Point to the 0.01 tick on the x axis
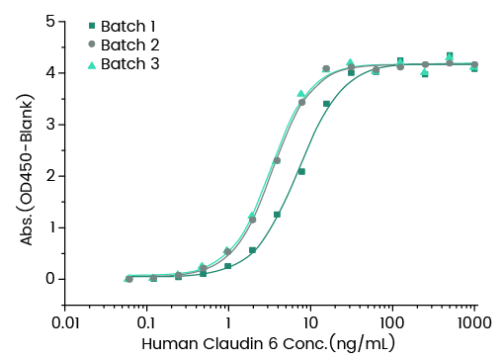(x=65, y=323)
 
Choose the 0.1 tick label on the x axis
(x=146, y=323)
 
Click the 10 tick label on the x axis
(x=310, y=323)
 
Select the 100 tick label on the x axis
(x=392, y=323)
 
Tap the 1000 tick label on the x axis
(x=474, y=323)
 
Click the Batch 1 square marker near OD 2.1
(x=301, y=171)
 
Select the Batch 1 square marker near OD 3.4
(x=326, y=104)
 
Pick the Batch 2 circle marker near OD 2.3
(x=277, y=160)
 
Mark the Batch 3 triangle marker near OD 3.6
(x=301, y=94)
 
